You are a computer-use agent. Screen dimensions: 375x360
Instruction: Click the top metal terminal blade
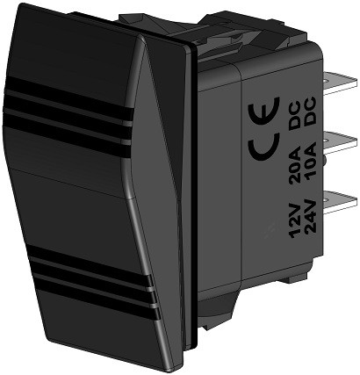340,89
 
